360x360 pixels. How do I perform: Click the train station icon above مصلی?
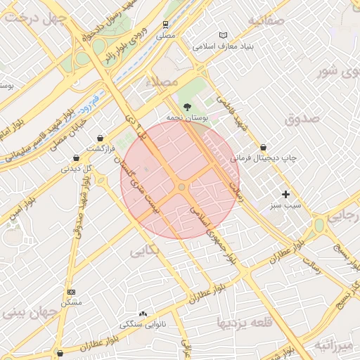165,23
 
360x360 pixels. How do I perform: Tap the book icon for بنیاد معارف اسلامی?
224,35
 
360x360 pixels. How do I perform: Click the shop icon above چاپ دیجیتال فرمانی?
263,148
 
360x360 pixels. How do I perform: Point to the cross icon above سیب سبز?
285,194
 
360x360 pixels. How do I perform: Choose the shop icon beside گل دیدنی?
75,158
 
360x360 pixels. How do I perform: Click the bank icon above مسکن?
71,291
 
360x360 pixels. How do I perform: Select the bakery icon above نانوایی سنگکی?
143,314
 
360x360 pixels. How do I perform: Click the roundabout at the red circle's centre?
181,187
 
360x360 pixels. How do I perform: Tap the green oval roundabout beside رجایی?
319,225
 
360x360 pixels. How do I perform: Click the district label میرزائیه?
334,345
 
